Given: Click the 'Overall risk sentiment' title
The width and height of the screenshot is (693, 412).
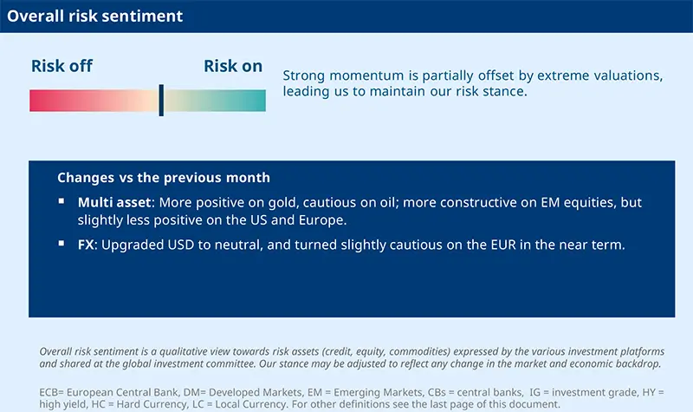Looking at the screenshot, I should click(x=95, y=16).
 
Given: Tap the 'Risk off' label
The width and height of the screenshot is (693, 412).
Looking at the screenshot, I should click(x=62, y=66).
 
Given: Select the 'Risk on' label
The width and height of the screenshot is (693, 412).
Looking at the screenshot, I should click(x=233, y=66).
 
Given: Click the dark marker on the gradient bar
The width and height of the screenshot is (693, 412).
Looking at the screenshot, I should click(x=161, y=101).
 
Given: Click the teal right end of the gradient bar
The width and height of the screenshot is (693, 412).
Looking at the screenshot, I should click(x=259, y=101).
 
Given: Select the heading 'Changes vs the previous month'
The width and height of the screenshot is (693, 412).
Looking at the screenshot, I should click(x=164, y=178).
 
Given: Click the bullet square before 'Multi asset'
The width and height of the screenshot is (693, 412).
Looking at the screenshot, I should click(x=62, y=201).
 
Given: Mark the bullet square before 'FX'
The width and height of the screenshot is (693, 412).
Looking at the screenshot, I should click(x=62, y=244).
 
